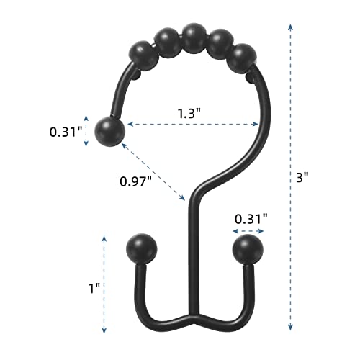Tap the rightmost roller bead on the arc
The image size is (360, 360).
(x=244, y=58)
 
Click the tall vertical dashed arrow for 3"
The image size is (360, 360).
(x=290, y=176)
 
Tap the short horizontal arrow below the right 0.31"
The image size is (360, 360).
(x=248, y=230)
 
